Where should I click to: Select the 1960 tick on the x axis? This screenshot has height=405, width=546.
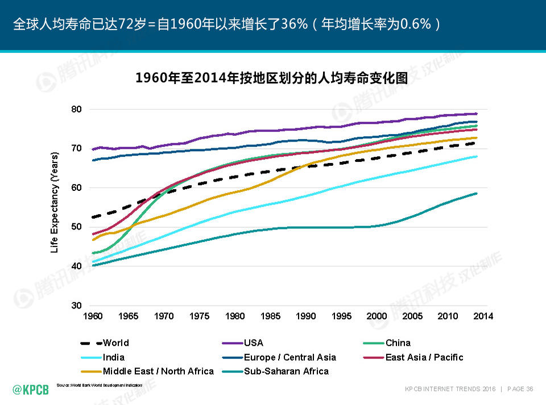pos(93,316)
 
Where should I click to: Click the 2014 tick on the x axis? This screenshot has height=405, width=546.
pos(483,316)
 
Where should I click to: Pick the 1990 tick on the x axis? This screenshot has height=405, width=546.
pos(306,316)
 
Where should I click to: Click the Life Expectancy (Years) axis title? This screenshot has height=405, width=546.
pos(55,202)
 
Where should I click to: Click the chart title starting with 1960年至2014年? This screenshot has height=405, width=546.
pos(272,78)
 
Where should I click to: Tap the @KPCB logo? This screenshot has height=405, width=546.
pos(31,389)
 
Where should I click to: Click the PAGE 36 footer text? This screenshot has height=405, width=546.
pos(520,389)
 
